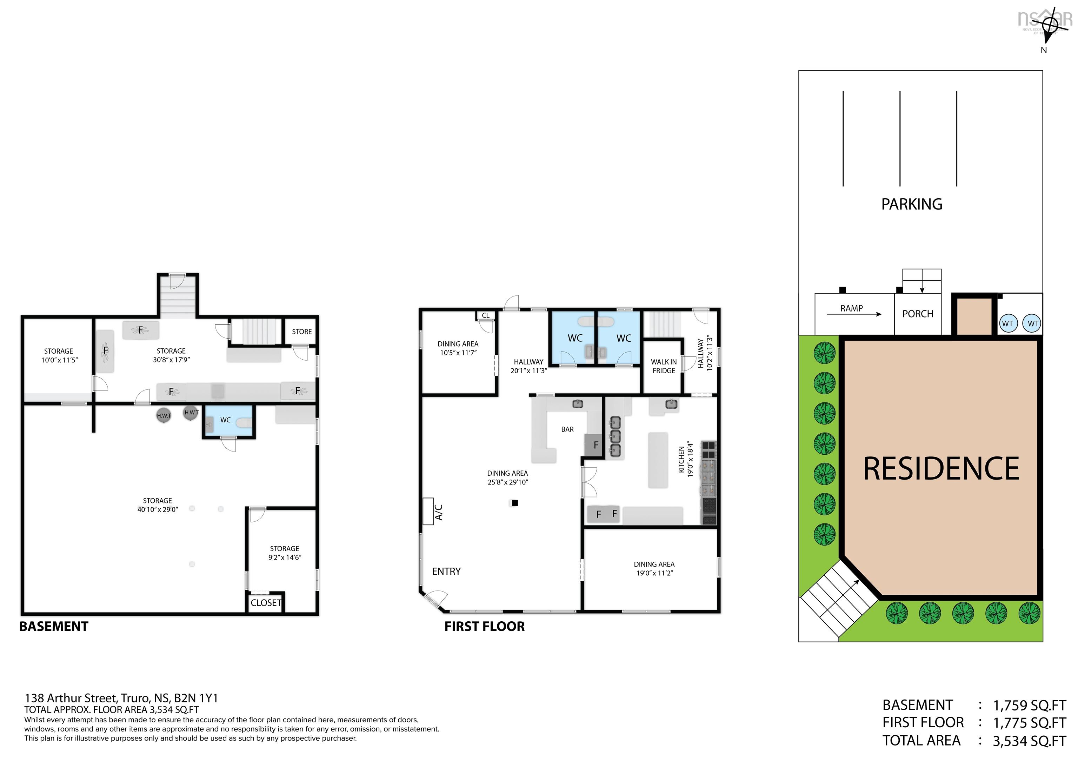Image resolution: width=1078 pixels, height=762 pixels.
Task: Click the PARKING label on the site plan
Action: [x=911, y=204]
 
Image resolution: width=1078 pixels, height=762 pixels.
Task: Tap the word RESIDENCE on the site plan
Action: [x=941, y=469]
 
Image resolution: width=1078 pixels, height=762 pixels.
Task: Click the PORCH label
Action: [x=917, y=314]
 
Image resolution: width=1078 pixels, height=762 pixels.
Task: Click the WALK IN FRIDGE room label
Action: [x=664, y=366]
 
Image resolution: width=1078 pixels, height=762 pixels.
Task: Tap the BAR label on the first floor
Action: [x=567, y=429]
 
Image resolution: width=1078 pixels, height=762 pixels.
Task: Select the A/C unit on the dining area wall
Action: [x=428, y=511]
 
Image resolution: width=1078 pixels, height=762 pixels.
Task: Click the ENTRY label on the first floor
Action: [x=446, y=571]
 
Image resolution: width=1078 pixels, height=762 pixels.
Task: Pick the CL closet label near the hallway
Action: [x=485, y=315]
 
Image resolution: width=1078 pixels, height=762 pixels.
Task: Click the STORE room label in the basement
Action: [x=301, y=332]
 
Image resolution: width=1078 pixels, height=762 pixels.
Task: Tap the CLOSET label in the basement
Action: [x=266, y=603]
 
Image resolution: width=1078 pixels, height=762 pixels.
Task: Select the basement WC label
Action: [x=225, y=420]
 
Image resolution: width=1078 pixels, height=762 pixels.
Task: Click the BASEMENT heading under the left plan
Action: [x=54, y=627]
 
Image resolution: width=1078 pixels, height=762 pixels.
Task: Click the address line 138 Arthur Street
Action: [x=121, y=698]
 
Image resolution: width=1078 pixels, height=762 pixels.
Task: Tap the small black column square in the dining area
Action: [x=514, y=503]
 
